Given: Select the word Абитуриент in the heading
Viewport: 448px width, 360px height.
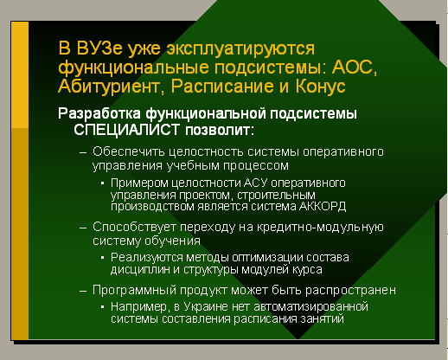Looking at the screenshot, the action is point(108,87).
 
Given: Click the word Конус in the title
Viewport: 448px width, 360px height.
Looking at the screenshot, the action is point(320,87).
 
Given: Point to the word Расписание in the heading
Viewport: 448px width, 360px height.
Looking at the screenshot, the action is point(222,87).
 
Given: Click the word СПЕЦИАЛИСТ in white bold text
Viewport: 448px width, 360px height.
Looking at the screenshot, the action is point(127,130).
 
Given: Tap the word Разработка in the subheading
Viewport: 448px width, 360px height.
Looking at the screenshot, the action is point(99,113).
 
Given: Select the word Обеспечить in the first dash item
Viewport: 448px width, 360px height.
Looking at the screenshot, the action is point(128,151).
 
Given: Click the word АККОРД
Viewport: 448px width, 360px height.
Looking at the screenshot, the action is point(323,207).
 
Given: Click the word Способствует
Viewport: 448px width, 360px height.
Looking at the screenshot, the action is point(134,227).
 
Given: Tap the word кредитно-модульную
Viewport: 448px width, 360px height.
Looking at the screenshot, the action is point(320,228).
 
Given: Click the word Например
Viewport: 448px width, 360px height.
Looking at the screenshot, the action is point(139,307).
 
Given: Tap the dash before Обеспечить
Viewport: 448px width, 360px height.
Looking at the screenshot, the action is point(83,152).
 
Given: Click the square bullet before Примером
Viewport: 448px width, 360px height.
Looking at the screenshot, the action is point(102,183).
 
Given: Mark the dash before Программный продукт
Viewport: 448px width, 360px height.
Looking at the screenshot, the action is point(83,292).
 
